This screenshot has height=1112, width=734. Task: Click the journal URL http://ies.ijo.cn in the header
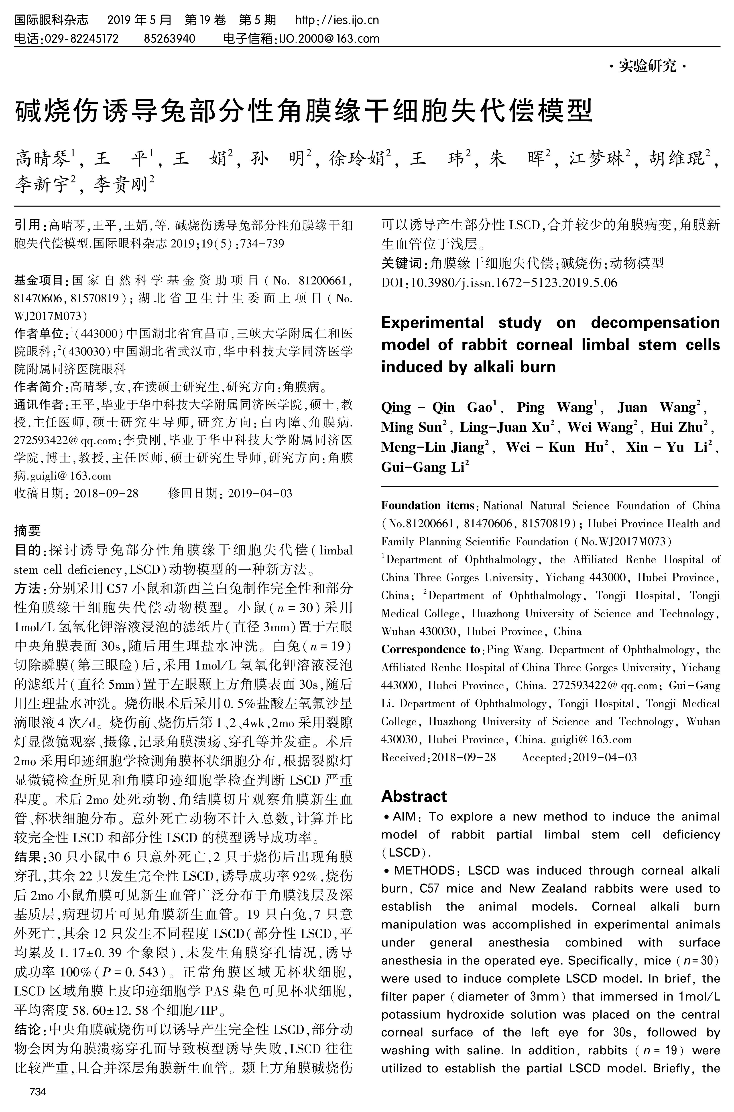click(x=337, y=20)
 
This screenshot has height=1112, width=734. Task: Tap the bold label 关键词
click(x=401, y=263)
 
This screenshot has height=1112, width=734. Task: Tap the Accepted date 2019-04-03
click(x=605, y=757)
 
